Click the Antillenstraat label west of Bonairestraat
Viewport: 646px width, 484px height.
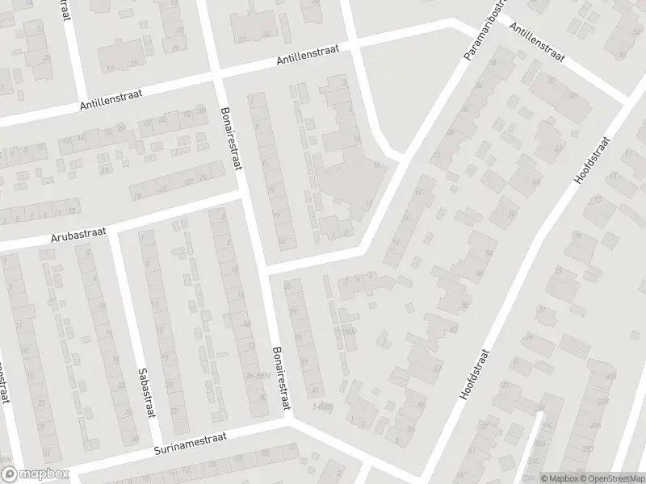tap(111, 101)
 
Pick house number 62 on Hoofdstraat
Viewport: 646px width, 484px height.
tap(438, 369)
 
